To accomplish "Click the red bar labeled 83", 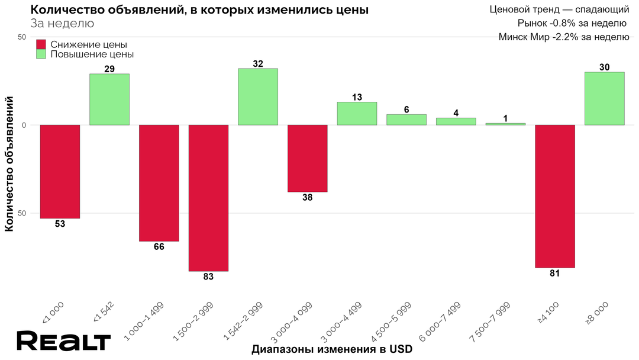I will coord(208,198).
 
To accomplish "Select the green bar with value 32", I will coord(258,97).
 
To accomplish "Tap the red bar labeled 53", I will coord(60,172).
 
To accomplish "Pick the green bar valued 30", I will coord(604,98).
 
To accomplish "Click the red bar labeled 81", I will coord(555,196).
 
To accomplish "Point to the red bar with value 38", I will coord(307,158).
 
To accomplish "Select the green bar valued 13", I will coord(357,114).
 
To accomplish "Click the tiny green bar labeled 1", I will coord(505,124).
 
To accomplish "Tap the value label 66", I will coord(159,247).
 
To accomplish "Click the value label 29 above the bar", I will coord(109,69).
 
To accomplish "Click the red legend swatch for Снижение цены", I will coord(41,44).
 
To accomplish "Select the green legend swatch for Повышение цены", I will coord(41,54).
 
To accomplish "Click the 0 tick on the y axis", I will coord(25,125).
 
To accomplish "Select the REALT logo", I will coord(63,342).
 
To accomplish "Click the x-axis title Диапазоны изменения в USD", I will coord(331,349).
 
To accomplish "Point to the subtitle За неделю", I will coord(62,24).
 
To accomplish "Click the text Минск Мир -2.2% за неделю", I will coord(563,37).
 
